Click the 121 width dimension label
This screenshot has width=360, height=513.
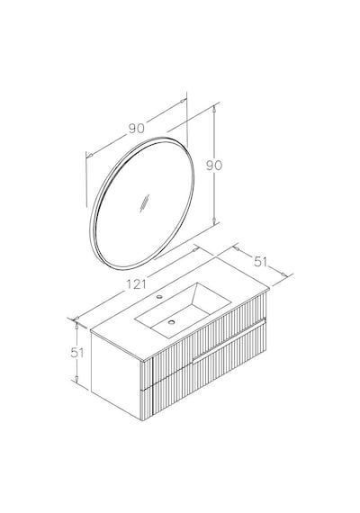[136, 283]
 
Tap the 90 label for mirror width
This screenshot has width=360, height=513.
[136, 128]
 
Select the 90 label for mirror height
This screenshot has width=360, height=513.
[214, 166]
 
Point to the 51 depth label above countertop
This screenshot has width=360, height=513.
[260, 262]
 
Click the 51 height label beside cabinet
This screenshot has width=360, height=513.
[77, 353]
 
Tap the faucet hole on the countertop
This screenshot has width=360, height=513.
[159, 297]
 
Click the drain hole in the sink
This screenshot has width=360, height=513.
[171, 322]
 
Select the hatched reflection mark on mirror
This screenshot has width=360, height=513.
[144, 203]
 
